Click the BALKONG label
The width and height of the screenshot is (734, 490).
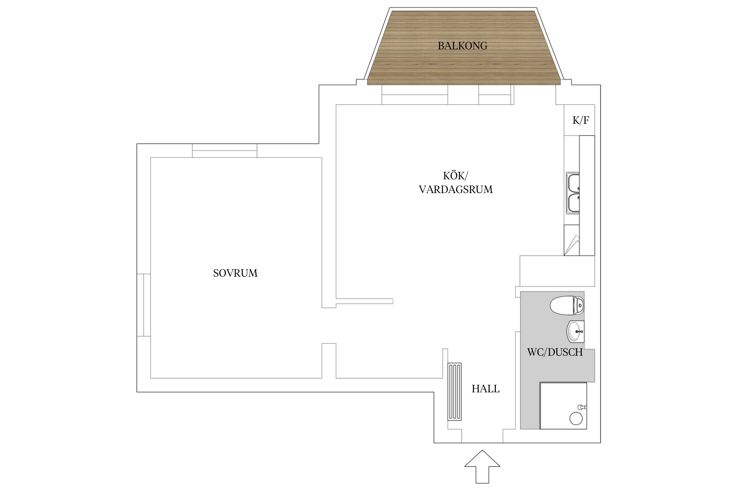(462, 46)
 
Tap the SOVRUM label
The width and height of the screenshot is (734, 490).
(235, 273)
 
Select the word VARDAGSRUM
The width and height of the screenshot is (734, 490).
(456, 189)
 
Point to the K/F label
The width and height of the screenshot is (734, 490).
(581, 120)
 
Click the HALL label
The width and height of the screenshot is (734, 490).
(485, 389)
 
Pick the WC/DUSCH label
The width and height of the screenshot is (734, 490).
(555, 352)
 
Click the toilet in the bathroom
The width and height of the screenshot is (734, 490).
(567, 305)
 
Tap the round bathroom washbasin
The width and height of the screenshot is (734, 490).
(576, 332)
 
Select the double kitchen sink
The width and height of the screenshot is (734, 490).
(573, 193)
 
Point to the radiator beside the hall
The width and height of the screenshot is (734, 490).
(454, 391)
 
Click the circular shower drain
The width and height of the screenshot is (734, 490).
(576, 418)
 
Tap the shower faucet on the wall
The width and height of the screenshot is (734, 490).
(582, 407)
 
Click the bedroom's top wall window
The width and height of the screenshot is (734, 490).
(224, 151)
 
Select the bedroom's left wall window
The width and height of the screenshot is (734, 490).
(144, 305)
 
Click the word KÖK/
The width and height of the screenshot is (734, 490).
(455, 176)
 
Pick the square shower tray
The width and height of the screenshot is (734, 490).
(563, 405)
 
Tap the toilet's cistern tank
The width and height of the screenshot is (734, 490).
(579, 305)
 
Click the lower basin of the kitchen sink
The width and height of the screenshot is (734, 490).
(573, 203)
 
